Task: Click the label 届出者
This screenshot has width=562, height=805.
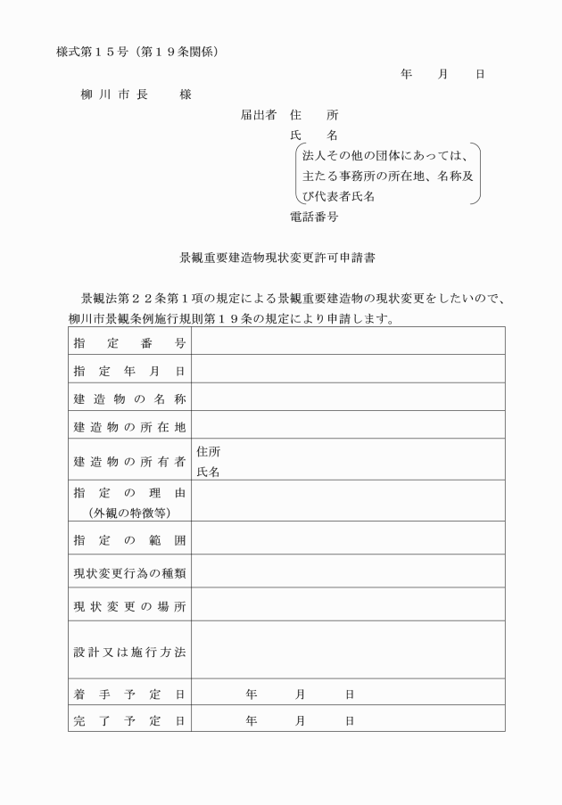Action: click(258, 115)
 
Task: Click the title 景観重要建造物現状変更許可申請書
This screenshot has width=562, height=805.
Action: click(277, 259)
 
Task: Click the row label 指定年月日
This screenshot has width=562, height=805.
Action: click(129, 371)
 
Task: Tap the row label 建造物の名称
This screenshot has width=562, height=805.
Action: click(129, 398)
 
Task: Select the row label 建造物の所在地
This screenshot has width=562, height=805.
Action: click(129, 426)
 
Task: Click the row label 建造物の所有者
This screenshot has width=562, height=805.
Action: click(129, 461)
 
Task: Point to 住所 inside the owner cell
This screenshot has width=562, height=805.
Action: click(208, 452)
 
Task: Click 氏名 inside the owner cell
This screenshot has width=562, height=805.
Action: click(208, 472)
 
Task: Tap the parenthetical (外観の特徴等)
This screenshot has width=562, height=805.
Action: click(129, 513)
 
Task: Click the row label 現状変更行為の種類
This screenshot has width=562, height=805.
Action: click(129, 572)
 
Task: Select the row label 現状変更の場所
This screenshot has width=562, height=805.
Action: click(129, 606)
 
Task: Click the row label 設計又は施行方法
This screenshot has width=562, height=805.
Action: click(129, 652)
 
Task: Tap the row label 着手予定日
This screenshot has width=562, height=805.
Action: click(129, 694)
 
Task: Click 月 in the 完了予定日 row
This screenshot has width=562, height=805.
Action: click(301, 719)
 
